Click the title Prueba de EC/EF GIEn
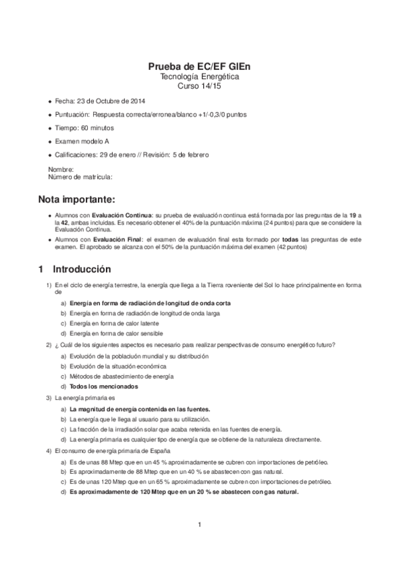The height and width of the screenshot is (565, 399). point(199,67)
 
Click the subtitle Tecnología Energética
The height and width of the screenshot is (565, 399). point(199,77)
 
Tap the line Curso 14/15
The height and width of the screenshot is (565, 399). point(199,87)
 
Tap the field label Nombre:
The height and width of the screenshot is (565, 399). point(61,170)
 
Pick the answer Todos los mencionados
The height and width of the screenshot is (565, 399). point(104,386)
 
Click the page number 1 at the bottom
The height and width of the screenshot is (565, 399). point(199,525)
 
